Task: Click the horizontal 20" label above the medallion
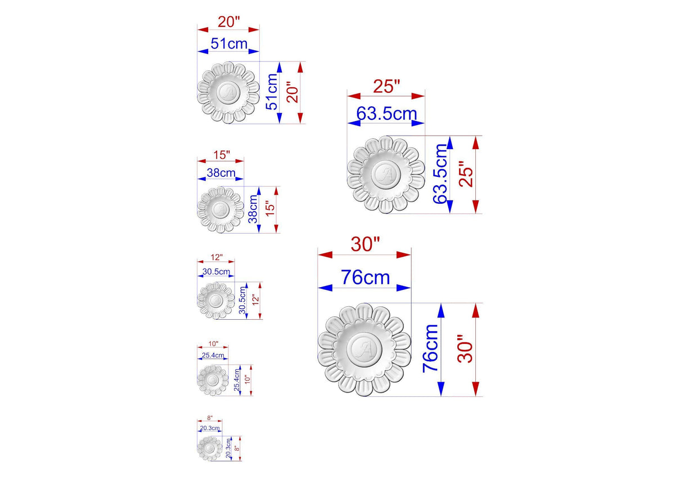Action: pyautogui.click(x=229, y=22)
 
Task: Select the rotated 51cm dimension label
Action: pyautogui.click(x=272, y=92)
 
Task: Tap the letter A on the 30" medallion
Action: pyautogui.click(x=364, y=350)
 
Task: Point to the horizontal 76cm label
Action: pyautogui.click(x=365, y=278)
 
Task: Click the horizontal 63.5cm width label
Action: pyautogui.click(x=386, y=114)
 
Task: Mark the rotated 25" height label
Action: pyautogui.click(x=466, y=174)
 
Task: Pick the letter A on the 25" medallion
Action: pyautogui.click(x=386, y=175)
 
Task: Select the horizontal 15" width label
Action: pyautogui.click(x=222, y=155)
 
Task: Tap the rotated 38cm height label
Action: pyautogui.click(x=253, y=209)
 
